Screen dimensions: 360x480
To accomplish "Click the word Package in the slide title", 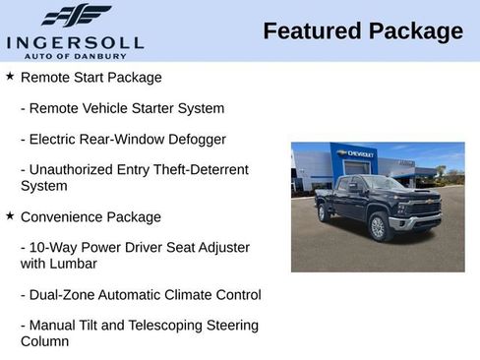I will (414, 31).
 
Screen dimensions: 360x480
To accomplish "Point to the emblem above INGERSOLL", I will (76, 16).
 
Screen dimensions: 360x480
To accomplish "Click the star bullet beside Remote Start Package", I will (10, 76).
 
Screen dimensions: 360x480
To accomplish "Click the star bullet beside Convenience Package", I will (10, 215).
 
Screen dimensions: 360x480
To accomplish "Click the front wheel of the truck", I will (377, 227).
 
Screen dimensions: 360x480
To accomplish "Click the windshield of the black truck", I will (385, 184).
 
